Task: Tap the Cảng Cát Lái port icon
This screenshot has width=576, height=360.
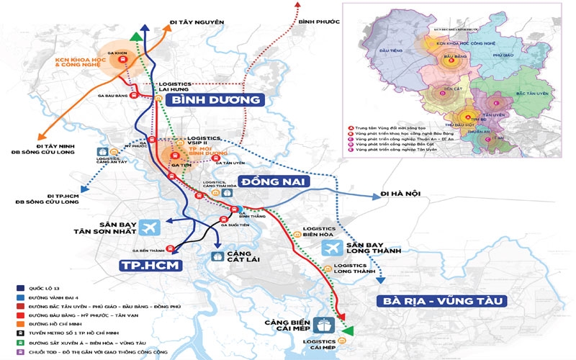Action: point(216,256)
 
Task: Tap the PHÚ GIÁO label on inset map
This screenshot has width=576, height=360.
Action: point(506,54)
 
